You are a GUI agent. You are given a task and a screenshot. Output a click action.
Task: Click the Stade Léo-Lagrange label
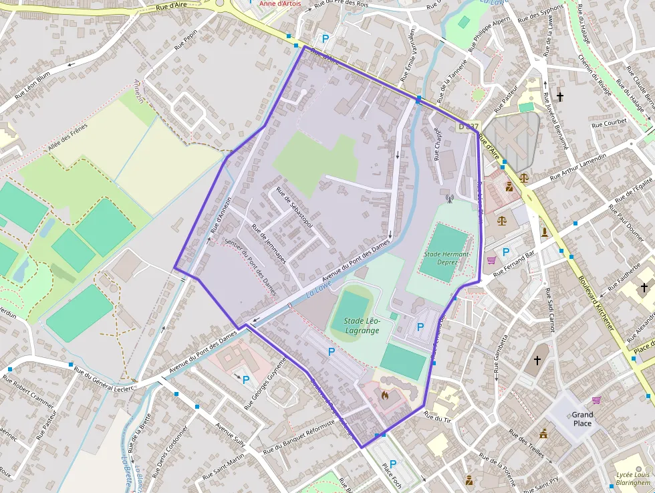click(362, 325)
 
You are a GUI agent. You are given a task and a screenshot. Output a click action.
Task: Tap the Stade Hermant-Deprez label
click(447, 258)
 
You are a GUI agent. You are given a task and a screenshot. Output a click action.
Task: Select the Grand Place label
click(582, 419)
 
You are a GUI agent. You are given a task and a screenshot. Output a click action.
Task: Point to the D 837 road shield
click(468, 126)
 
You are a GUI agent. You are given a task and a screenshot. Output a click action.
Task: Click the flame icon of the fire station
click(384, 395)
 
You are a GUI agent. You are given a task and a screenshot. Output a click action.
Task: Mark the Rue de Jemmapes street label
click(268, 243)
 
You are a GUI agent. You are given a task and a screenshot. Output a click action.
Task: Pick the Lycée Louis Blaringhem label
click(633, 479)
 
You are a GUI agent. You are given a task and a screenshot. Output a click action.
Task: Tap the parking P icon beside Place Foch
click(392, 464)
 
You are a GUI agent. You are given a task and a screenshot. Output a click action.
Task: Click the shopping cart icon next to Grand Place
click(596, 400)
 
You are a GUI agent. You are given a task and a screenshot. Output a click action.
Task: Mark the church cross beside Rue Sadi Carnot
click(537, 361)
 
